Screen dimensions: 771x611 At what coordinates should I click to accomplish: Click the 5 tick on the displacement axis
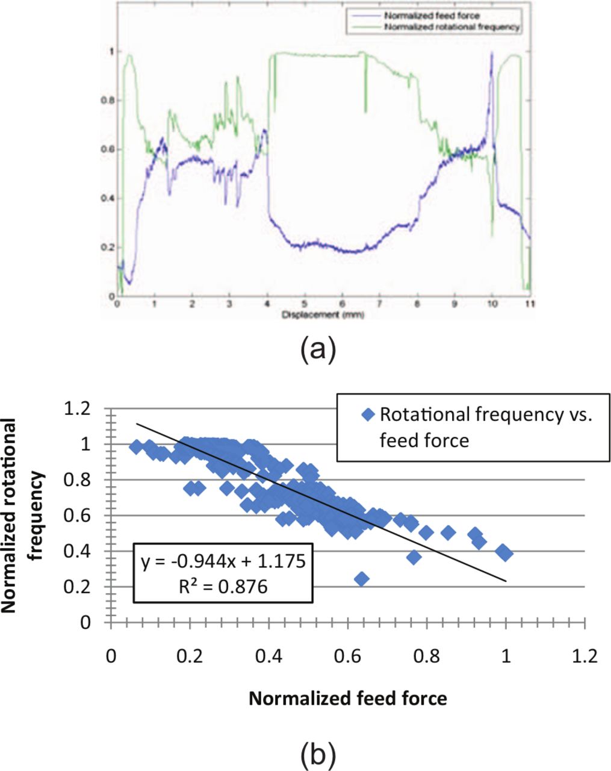click(305, 305)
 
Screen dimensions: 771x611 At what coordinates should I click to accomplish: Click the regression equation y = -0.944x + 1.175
click(223, 562)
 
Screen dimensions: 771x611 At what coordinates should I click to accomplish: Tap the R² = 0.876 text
click(223, 585)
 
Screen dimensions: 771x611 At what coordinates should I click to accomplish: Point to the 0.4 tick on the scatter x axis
click(268, 656)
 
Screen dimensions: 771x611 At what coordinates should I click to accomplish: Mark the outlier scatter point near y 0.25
click(362, 579)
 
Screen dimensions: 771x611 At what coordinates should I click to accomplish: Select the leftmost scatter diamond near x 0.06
click(136, 446)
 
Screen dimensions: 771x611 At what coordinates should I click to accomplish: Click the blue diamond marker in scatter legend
click(369, 414)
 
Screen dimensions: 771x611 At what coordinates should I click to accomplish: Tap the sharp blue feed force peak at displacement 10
click(492, 54)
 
